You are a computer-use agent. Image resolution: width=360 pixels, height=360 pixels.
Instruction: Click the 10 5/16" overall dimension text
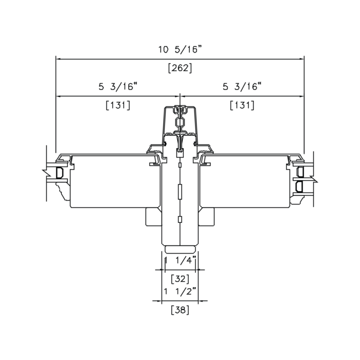tap(180, 49)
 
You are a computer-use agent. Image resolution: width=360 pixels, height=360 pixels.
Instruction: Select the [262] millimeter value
tap(180, 68)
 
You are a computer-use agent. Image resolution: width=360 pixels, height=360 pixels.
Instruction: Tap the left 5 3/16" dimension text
tap(118, 87)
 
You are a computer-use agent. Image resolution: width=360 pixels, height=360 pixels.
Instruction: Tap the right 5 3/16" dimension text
tap(242, 87)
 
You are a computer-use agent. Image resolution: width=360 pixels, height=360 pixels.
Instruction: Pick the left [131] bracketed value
tap(118, 105)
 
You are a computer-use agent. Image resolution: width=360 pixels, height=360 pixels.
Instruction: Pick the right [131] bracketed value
tap(242, 105)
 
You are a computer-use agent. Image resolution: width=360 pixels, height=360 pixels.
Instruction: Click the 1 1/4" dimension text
tap(180, 260)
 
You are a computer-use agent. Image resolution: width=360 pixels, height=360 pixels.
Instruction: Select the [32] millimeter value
tap(180, 279)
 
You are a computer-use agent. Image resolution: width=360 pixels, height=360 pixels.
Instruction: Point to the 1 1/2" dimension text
tap(180, 291)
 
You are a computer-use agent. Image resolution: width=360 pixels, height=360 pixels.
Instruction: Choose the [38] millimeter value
tap(180, 310)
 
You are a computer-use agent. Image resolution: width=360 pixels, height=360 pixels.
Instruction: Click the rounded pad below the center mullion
tap(180, 249)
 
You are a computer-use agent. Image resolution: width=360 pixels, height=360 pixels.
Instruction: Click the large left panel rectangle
tap(115, 181)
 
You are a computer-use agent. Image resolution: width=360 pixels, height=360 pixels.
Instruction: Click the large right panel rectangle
tap(244, 181)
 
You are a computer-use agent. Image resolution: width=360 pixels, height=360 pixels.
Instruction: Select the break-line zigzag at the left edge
tap(46, 172)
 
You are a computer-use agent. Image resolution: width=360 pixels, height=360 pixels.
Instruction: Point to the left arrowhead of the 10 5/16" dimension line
tap(58, 59)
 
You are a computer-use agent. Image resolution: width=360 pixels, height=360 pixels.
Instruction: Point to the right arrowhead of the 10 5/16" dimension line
tap(301, 59)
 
